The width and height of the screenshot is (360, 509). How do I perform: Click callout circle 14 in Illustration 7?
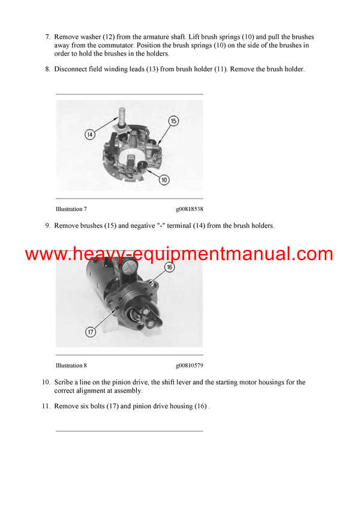(x=89, y=135)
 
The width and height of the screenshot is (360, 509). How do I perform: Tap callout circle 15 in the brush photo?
(x=173, y=121)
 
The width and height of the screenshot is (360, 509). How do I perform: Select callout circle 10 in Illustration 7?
(x=164, y=179)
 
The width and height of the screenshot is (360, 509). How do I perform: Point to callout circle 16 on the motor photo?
(x=169, y=267)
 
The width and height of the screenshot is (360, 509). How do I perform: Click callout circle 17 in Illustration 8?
(x=90, y=331)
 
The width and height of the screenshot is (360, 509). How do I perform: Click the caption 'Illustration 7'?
(x=71, y=209)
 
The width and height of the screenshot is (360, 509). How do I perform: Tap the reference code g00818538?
(x=190, y=209)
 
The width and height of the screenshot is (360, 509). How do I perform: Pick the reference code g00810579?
(x=190, y=365)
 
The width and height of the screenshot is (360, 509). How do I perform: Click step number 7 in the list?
(x=47, y=37)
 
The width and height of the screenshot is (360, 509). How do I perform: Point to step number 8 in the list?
(x=47, y=70)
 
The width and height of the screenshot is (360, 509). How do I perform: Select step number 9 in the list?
(x=47, y=226)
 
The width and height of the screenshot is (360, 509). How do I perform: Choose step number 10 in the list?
(x=46, y=382)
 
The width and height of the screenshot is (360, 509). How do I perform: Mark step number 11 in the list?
(x=46, y=406)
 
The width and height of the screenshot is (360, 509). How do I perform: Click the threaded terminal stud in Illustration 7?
(x=122, y=114)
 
